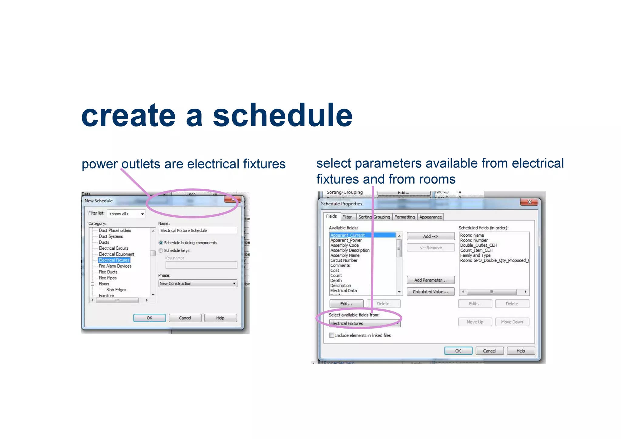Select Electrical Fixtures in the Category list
coord(114,260)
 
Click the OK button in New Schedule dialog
coord(149,318)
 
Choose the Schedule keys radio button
coord(161,250)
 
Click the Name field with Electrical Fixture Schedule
coord(197,231)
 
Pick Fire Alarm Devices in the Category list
coord(115,266)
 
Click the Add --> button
coord(430,236)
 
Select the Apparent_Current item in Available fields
coord(347,235)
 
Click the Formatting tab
coord(404,217)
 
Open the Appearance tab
coord(430,217)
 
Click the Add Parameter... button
coord(430,280)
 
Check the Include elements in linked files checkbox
coord(332,335)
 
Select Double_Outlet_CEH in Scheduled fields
coord(478,245)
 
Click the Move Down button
coord(512,322)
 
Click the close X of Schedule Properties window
coord(529,202)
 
